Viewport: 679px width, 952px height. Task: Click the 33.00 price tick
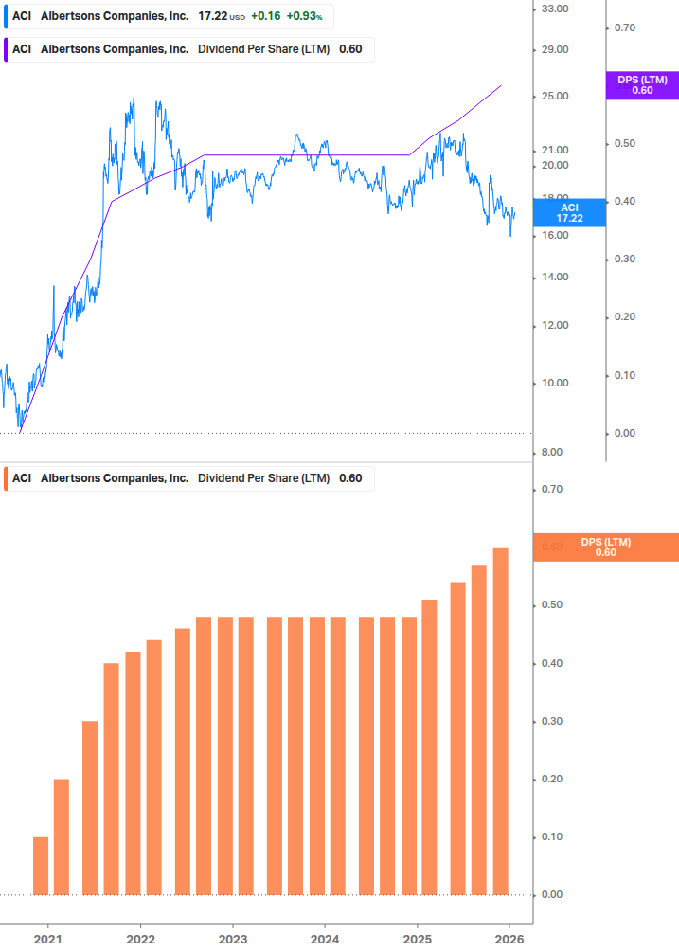tap(553, 9)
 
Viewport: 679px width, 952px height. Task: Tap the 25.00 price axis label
tap(553, 97)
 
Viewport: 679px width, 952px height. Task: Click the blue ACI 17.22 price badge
tap(568, 212)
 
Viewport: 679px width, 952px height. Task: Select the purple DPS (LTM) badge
tap(642, 85)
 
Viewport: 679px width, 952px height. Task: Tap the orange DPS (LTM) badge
tap(606, 548)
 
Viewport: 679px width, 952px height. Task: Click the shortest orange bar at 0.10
tap(41, 866)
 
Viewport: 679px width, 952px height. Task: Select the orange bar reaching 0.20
tap(62, 836)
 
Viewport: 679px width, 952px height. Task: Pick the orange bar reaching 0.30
tap(90, 808)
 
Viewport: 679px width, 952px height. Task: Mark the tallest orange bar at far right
tap(501, 721)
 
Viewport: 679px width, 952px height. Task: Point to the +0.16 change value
tap(265, 17)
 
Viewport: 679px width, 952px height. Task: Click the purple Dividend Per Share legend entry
tap(189, 49)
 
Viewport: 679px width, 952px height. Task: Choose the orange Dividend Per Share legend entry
tap(189, 478)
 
